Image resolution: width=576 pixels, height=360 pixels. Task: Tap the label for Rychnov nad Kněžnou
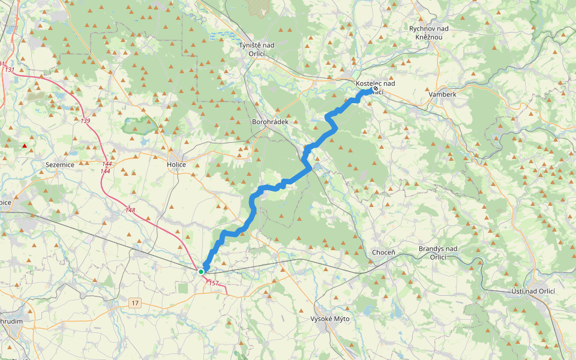tap(433, 32)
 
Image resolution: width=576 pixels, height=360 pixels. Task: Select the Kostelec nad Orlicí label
tap(375, 87)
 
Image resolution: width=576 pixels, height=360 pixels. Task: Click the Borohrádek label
tap(270, 122)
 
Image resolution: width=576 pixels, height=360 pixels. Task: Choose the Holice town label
tap(176, 164)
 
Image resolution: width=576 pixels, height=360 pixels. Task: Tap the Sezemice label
tap(59, 163)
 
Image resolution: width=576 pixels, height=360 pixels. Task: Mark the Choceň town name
tap(383, 253)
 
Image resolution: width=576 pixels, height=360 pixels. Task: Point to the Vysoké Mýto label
tap(330, 319)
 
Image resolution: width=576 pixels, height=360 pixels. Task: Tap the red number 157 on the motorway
tap(214, 283)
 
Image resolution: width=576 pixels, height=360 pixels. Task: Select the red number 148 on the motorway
tap(130, 210)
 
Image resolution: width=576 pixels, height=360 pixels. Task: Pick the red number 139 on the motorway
tap(86, 121)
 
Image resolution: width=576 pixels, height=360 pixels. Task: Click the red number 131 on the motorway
tap(10, 70)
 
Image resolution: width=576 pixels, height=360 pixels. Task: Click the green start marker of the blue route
tap(201, 272)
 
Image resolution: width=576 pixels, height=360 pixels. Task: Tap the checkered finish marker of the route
tap(376, 88)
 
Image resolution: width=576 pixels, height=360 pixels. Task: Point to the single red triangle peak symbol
tap(25, 145)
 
